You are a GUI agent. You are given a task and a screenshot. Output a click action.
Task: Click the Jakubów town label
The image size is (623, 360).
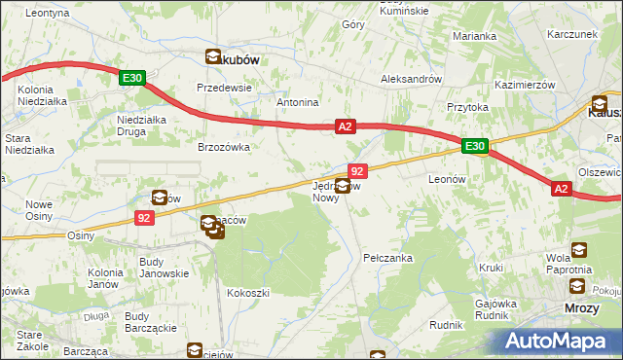click(233, 59)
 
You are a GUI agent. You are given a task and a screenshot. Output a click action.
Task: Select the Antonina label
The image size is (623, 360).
click(298, 102)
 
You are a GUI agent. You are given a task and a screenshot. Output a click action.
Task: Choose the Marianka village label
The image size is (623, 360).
click(474, 36)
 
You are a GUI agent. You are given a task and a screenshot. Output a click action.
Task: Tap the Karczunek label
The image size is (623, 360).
click(571, 33)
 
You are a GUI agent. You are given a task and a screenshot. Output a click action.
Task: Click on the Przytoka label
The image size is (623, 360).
click(466, 108)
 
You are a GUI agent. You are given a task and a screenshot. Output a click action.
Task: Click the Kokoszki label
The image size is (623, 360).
click(247, 292)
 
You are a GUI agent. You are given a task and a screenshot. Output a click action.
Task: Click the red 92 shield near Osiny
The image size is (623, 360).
click(144, 219)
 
